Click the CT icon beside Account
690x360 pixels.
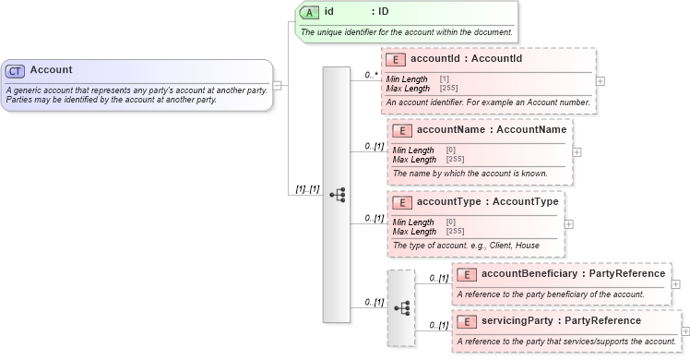click(x=16, y=70)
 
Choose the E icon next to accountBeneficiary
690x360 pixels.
click(x=467, y=274)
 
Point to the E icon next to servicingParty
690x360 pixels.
click(x=467, y=321)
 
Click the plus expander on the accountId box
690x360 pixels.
click(x=601, y=80)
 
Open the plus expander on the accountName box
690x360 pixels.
click(x=577, y=152)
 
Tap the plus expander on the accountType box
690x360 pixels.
click(x=568, y=223)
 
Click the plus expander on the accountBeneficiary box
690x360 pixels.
click(x=677, y=284)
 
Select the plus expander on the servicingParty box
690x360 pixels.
click(x=684, y=331)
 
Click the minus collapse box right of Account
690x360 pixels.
click(x=278, y=85)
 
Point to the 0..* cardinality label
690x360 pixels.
click(x=372, y=74)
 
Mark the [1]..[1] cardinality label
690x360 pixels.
click(x=307, y=188)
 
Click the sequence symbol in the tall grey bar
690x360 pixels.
click(x=337, y=195)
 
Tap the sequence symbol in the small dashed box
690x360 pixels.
click(x=402, y=307)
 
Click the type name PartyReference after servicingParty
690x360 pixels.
click(x=602, y=320)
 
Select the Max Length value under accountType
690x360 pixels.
click(x=455, y=231)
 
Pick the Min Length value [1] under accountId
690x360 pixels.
click(x=445, y=78)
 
